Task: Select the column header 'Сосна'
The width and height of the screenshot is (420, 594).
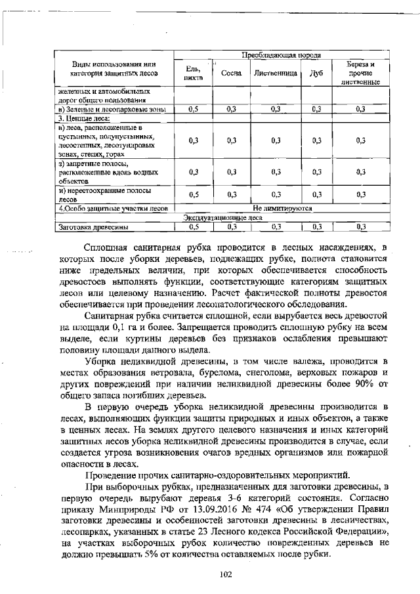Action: pyautogui.click(x=231, y=74)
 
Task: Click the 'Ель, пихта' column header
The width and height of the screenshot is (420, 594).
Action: pyautogui.click(x=193, y=74)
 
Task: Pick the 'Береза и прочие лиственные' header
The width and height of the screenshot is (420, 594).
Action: pyautogui.click(x=360, y=74)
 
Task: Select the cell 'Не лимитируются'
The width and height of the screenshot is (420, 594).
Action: pyautogui.click(x=282, y=209)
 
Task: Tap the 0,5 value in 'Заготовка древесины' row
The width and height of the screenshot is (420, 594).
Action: pyautogui.click(x=193, y=227)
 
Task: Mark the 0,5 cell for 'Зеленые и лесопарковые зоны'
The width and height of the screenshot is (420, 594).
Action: pyautogui.click(x=193, y=109)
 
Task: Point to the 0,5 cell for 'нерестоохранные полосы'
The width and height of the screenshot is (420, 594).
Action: pyautogui.click(x=193, y=194)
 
